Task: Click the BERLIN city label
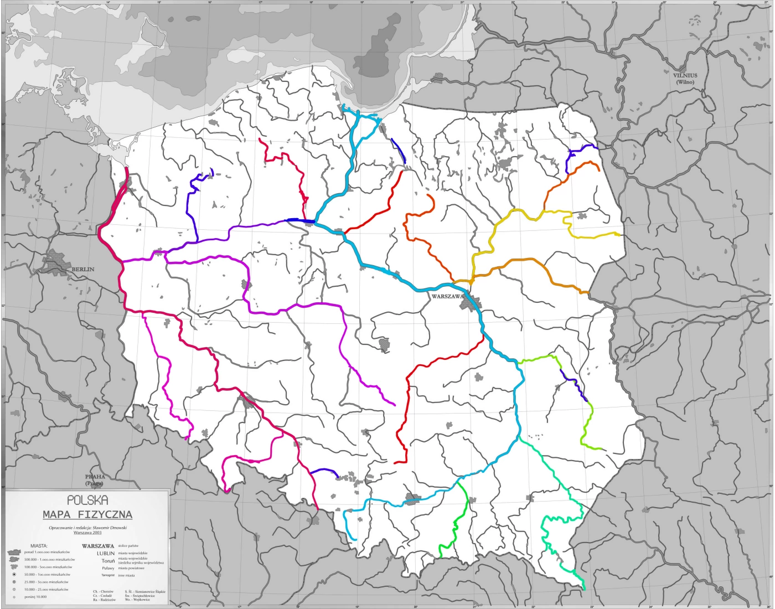point(83,270)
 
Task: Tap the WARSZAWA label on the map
point(447,296)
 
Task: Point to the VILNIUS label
point(685,75)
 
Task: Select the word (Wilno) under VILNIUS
point(685,82)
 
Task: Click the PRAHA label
point(95,476)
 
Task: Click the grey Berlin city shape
point(58,260)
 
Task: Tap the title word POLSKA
point(87,500)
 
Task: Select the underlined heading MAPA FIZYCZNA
point(87,514)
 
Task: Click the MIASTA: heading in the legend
point(39,545)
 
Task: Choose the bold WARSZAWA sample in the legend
point(98,545)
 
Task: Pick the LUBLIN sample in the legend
point(106,553)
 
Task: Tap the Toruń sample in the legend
point(108,560)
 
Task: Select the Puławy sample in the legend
point(108,568)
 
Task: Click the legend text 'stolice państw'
point(128,545)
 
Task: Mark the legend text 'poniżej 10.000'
point(35,597)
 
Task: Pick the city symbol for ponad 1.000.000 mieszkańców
point(14,552)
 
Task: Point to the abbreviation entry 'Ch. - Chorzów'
point(103,591)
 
